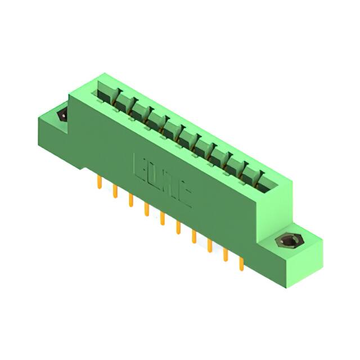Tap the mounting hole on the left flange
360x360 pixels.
click(x=61, y=116)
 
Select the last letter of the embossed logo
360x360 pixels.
click(x=184, y=194)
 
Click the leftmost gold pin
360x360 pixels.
click(x=100, y=182)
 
